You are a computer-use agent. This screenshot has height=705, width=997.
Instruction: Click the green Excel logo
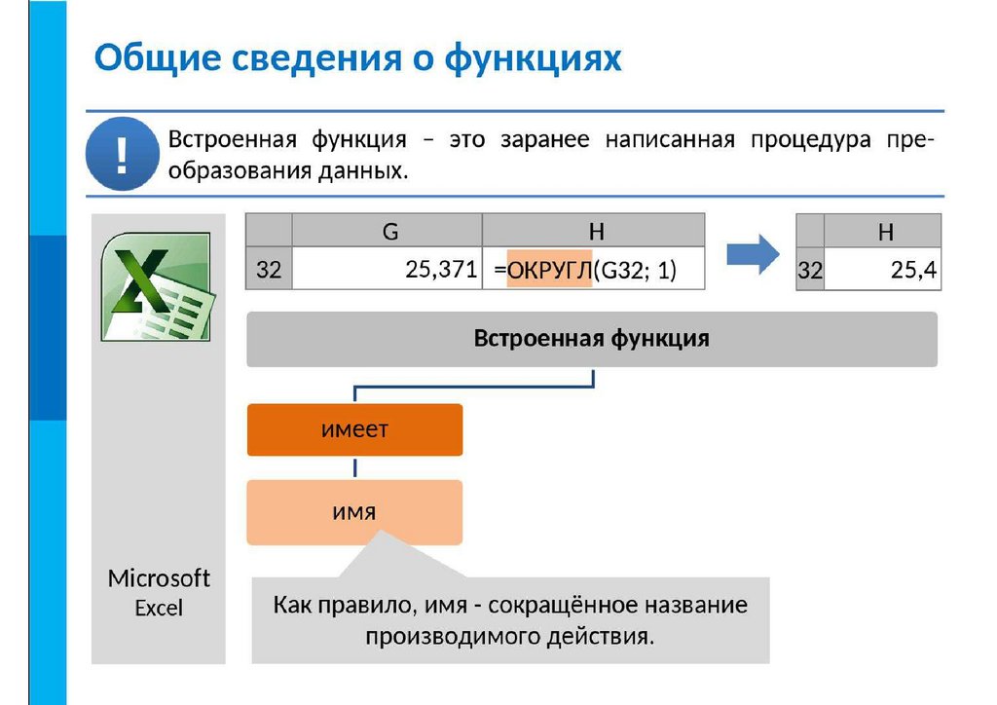pyautogui.click(x=156, y=286)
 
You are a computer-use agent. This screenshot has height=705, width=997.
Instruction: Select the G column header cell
pyautogui.click(x=389, y=231)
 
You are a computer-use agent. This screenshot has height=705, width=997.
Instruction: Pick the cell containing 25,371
pyautogui.click(x=388, y=270)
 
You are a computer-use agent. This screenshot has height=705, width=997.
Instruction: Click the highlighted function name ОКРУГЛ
pyautogui.click(x=549, y=271)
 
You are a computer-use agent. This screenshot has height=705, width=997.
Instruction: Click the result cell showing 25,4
pyautogui.click(x=884, y=271)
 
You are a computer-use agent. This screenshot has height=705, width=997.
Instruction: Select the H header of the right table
pyautogui.click(x=884, y=232)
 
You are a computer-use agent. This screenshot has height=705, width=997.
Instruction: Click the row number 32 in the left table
pyautogui.click(x=269, y=271)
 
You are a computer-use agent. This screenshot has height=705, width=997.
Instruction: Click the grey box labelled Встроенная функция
pyautogui.click(x=591, y=339)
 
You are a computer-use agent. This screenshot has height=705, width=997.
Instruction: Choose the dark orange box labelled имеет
pyautogui.click(x=354, y=429)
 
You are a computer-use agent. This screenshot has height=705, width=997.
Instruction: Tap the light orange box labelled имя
pyautogui.click(x=354, y=511)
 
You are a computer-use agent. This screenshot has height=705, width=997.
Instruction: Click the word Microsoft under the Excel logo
pyautogui.click(x=159, y=578)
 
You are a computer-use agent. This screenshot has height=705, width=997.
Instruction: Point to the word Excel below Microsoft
pyautogui.click(x=159, y=608)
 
